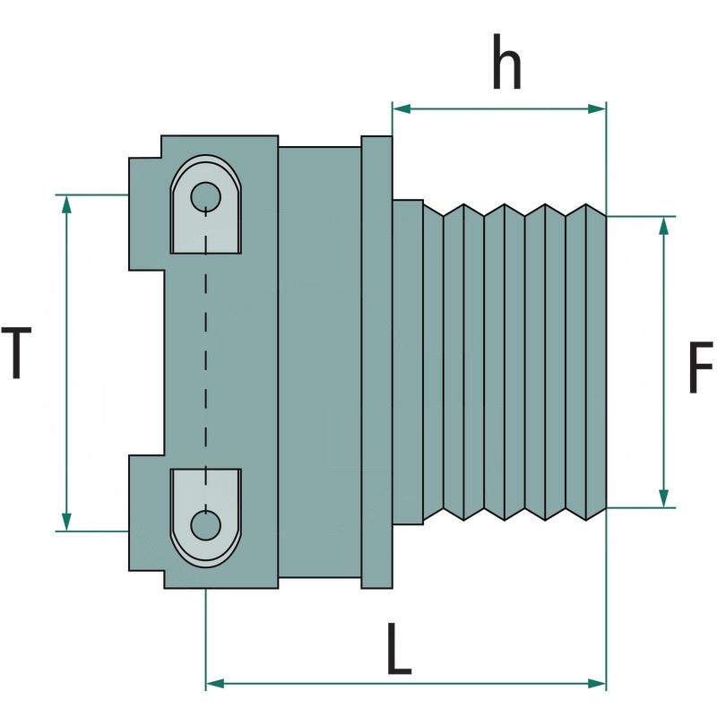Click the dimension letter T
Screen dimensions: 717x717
[17, 353]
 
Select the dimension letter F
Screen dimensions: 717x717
[700, 367]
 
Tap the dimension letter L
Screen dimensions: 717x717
[400, 649]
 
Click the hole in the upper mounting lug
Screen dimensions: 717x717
[206, 194]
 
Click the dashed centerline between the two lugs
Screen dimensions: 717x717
[206, 358]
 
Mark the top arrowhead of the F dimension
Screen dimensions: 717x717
[663, 225]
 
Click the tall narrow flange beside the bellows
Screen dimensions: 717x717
[376, 362]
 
